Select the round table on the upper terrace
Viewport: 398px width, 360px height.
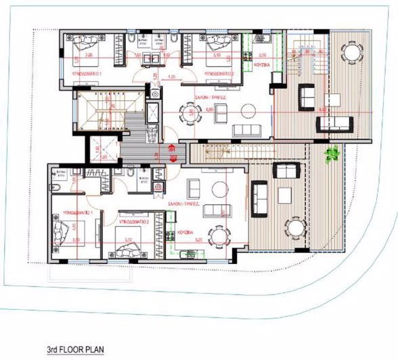tap(351, 52)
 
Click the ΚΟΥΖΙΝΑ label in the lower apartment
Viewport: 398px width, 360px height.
tap(185, 232)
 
